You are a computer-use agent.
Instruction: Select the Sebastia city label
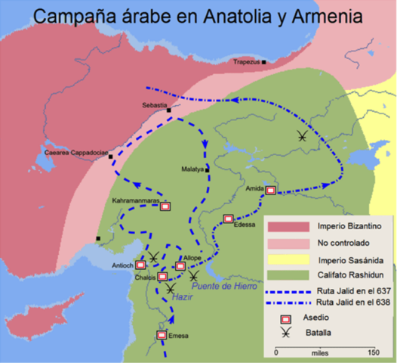155,104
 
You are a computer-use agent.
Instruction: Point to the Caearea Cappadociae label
72,151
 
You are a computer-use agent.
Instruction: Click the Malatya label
193,169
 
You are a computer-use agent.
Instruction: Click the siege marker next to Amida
270,191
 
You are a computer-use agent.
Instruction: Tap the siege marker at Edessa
228,219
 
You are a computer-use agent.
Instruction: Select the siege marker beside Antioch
140,265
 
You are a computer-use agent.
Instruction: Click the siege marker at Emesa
162,334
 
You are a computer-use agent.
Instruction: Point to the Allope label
192,259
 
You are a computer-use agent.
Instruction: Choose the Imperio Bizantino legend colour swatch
286,227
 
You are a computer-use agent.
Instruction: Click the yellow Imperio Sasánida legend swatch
286,259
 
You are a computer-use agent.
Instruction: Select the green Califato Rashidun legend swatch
286,274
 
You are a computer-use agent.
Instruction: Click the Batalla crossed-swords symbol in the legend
286,333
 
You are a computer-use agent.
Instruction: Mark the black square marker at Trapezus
264,62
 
